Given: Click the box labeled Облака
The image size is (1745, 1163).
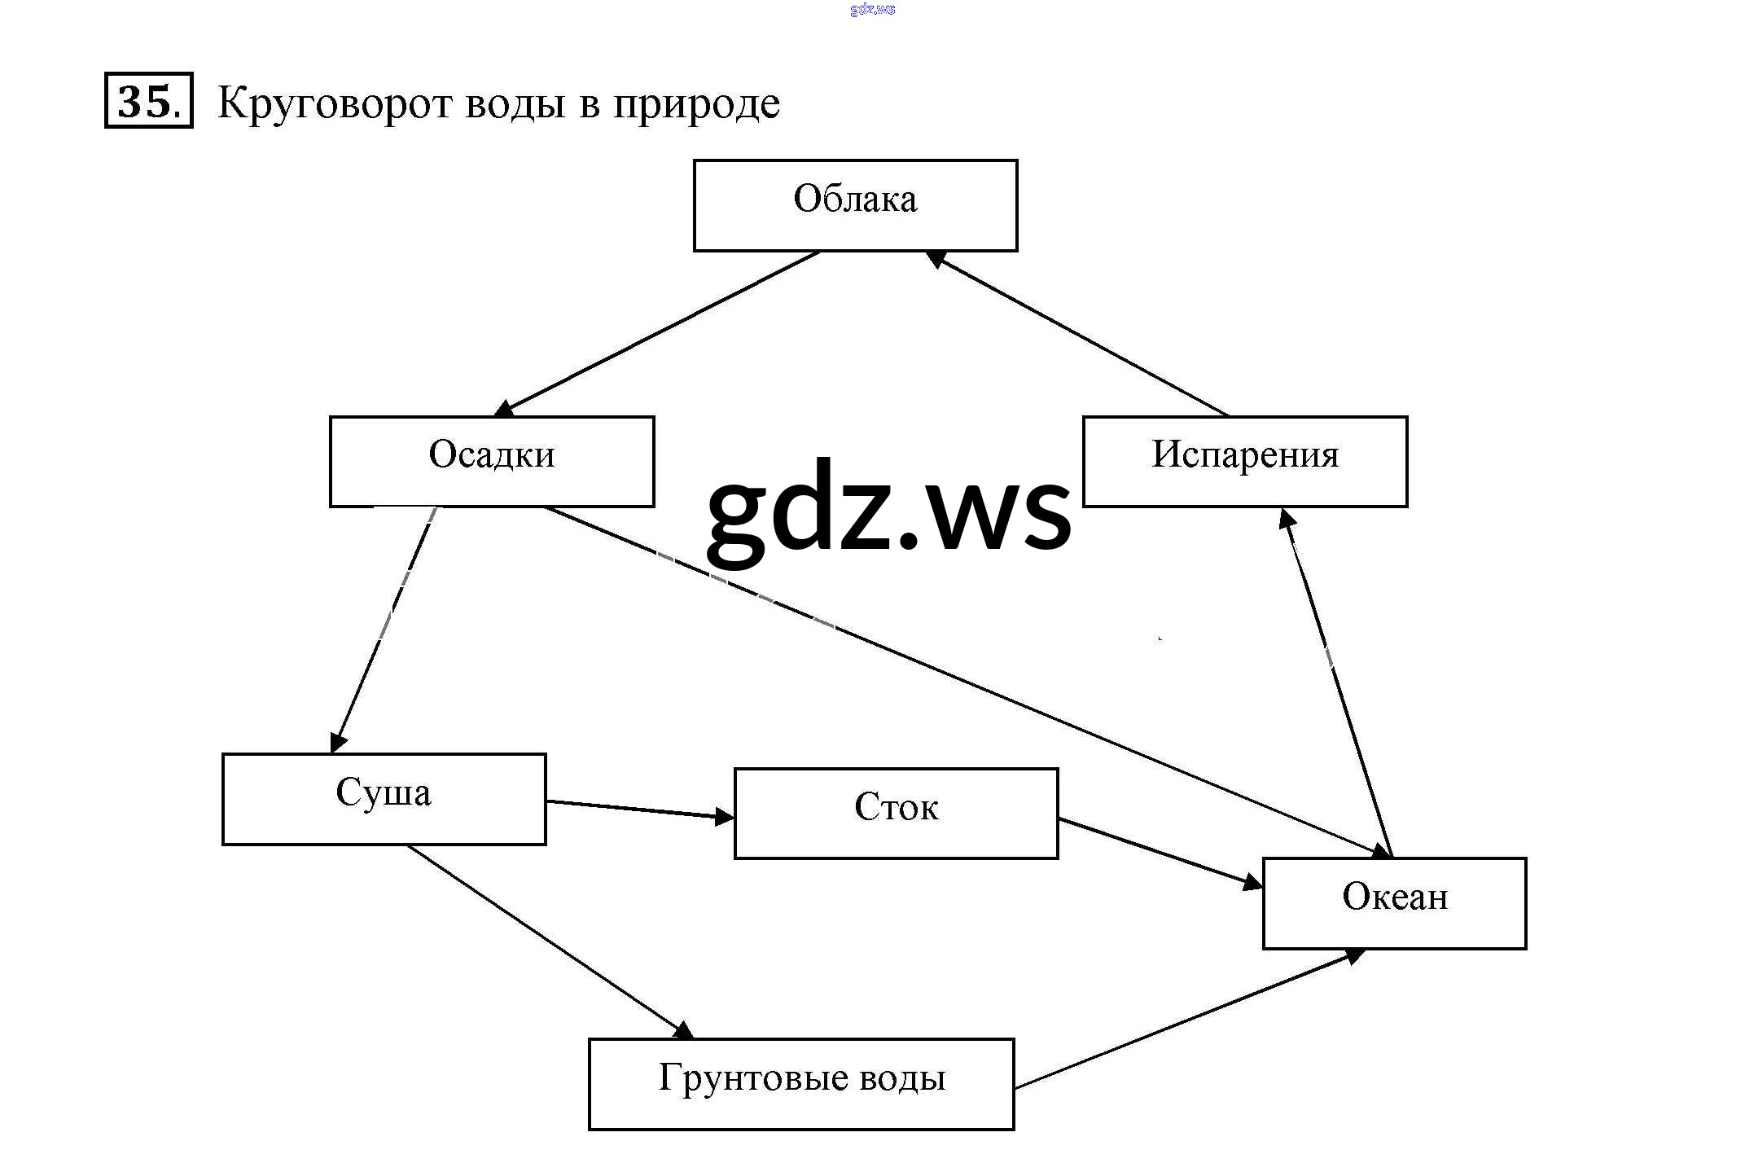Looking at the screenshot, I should (x=855, y=205).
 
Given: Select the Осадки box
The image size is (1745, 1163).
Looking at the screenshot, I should (x=492, y=461).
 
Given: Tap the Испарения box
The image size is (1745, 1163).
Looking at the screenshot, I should (x=1244, y=461).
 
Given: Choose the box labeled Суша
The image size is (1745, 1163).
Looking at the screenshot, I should (x=384, y=799).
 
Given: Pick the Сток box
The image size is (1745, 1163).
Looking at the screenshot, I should (x=896, y=813).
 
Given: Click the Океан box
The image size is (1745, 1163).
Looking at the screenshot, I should (x=1394, y=902).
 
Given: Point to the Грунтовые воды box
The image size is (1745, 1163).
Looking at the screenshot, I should (x=801, y=1083).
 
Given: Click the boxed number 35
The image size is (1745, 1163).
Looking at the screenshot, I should (x=148, y=101).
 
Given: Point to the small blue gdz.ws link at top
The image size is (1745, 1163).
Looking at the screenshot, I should (x=872, y=10).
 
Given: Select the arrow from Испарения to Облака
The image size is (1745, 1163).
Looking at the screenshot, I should (x=1079, y=334).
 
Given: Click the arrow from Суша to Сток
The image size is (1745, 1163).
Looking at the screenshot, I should (x=639, y=810).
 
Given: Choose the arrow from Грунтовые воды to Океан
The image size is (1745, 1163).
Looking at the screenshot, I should (x=1189, y=1020).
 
